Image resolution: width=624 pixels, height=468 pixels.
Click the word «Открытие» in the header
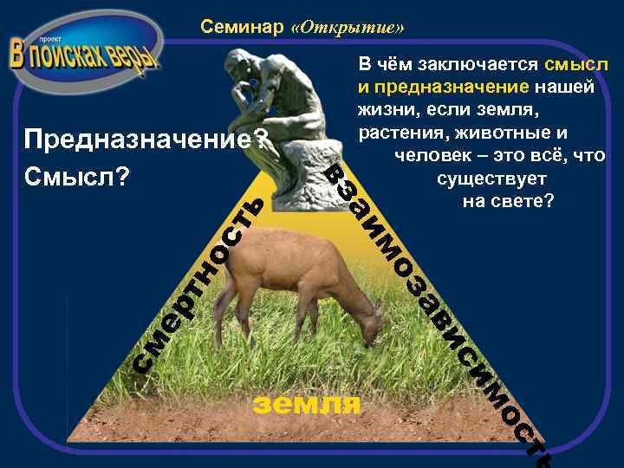(x=348, y=27)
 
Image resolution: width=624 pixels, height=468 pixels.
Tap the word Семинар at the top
(x=242, y=27)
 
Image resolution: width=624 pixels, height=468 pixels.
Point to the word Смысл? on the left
(x=77, y=176)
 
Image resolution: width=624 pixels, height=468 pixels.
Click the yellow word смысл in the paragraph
(x=576, y=66)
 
